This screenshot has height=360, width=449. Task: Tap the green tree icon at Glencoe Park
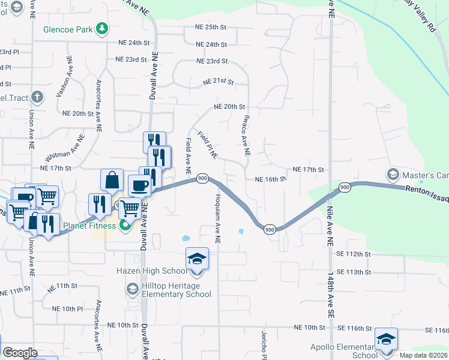[103, 28]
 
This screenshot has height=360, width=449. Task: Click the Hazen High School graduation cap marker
[197, 258]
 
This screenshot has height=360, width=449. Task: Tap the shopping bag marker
[113, 180]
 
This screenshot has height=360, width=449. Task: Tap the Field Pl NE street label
[208, 145]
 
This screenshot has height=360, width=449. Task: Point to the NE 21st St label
[218, 82]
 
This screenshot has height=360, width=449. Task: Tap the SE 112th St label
[354, 254]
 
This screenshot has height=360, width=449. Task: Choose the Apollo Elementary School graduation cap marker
[386, 338]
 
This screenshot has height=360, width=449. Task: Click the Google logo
[20, 353]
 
